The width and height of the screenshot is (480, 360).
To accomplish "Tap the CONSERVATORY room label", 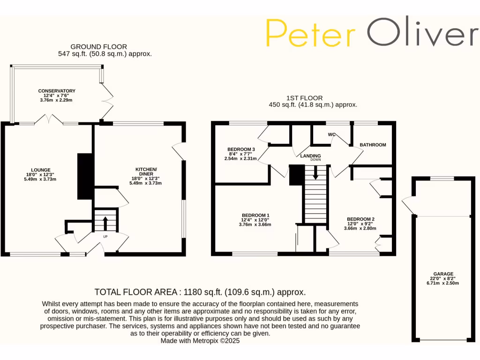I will point(57,91).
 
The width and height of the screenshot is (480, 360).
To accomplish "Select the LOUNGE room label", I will point(40,170).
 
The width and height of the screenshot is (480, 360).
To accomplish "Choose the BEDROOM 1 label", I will point(255,215).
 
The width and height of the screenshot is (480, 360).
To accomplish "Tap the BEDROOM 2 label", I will point(360,219).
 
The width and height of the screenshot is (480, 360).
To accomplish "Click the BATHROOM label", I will point(373,145).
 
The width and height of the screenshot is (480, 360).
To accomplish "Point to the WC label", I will point(332,135).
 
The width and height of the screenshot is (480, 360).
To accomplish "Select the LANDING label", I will point(310,156).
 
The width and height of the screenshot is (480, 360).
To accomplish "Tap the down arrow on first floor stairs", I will point(315,173).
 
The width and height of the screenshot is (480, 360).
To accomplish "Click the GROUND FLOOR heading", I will point(98,46).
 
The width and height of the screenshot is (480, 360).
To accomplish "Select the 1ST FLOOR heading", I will point(304,98).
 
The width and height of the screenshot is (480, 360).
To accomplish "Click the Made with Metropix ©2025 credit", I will point(200,341).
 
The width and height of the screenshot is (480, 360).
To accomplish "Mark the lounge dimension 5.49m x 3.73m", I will point(40,179).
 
